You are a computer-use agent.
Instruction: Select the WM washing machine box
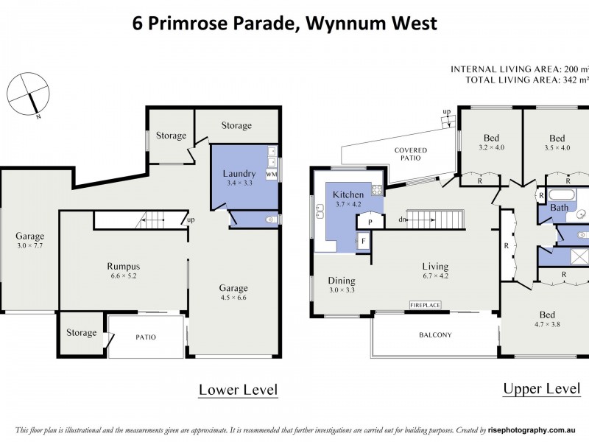point(271,175)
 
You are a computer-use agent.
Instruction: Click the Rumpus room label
point(124,267)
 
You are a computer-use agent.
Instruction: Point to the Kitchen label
point(349,194)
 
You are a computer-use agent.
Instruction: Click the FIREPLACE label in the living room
point(425,304)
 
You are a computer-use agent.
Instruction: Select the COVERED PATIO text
point(410,155)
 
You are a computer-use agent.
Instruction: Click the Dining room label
point(342,281)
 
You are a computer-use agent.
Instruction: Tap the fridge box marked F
point(363,241)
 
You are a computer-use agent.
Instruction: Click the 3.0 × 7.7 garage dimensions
point(30,246)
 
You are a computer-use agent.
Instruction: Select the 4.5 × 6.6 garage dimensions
point(233,298)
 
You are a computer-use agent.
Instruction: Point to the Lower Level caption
point(238,389)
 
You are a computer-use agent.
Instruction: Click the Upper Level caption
point(541,388)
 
